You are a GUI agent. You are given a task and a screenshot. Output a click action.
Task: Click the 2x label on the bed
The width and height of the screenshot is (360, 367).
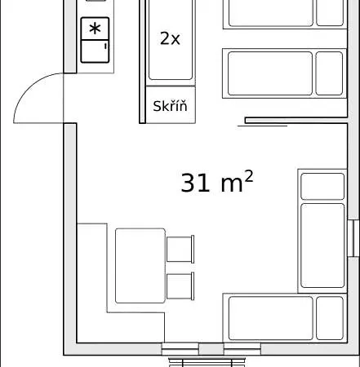click(170, 38)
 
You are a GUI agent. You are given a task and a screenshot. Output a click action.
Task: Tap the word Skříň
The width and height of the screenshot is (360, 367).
click(170, 106)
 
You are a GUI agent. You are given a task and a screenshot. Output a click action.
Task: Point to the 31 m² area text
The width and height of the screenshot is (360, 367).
click(217, 182)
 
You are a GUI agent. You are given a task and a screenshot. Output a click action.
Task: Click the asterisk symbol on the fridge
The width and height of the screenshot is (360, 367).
click(95, 29)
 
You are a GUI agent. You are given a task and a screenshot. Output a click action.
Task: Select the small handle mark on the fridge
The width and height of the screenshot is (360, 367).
click(105, 46)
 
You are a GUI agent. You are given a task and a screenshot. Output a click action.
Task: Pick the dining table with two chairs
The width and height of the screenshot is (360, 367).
click(140, 266)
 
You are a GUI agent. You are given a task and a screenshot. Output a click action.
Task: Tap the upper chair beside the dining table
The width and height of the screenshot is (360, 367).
click(180, 250)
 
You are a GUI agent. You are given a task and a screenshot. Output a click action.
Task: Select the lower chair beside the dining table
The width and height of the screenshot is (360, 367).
click(180, 286)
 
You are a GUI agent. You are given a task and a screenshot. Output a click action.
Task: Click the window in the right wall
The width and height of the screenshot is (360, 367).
click(353, 238)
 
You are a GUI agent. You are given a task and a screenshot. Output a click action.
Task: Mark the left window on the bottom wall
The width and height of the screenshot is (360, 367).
click(180, 349)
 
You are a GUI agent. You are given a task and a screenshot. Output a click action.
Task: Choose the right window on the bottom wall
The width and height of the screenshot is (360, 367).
click(242, 349)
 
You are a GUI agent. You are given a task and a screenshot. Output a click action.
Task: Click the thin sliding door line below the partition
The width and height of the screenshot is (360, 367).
click(263, 126)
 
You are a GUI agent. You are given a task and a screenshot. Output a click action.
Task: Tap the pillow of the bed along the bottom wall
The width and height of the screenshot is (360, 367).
click(330, 318)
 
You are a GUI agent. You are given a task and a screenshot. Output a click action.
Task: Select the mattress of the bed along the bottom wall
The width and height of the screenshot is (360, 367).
click(271, 318)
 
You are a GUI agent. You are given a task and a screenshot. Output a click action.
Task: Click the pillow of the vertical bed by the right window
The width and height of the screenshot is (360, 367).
click(322, 187)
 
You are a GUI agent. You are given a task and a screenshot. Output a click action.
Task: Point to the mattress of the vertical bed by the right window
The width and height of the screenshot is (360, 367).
click(322, 245)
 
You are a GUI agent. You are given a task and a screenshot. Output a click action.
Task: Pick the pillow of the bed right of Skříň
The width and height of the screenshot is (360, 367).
click(329, 73)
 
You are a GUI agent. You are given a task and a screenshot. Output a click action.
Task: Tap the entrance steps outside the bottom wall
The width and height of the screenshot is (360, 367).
click(207, 363)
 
